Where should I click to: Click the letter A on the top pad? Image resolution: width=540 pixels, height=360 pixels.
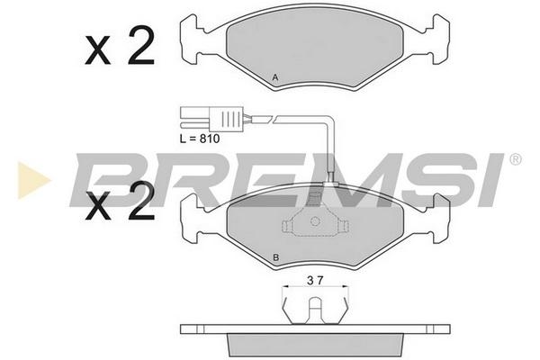pyautogui.click(x=274, y=77)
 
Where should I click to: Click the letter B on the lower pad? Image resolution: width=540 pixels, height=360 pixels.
pyautogui.click(x=275, y=257)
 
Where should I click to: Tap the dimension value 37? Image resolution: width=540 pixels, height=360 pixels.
pyautogui.click(x=315, y=281)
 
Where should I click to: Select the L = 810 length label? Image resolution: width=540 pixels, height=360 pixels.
pyautogui.click(x=200, y=139)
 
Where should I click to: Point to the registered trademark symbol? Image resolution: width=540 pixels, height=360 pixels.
pyautogui.click(x=515, y=159)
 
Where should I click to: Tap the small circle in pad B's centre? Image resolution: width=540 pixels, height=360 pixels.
pyautogui.click(x=315, y=220)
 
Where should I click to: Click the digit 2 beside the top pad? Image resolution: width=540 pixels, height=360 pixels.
pyautogui.click(x=141, y=47)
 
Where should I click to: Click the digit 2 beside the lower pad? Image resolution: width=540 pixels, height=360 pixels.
pyautogui.click(x=141, y=202)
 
